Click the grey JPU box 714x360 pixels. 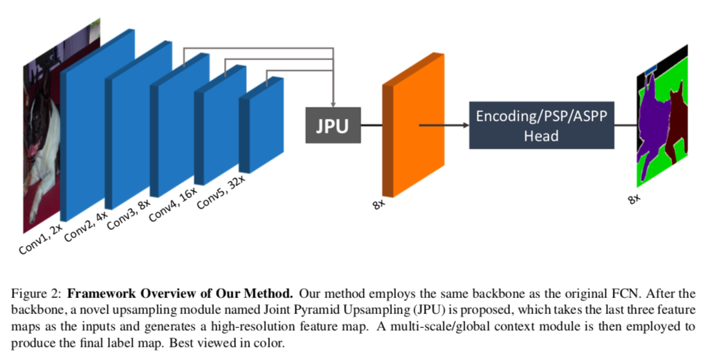coord(333,125)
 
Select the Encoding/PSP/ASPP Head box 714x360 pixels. coord(541,125)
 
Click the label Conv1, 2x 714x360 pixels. coord(41,239)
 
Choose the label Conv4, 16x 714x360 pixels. coord(173,204)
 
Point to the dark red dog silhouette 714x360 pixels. coord(677,123)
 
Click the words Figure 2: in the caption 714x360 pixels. coord(38,293)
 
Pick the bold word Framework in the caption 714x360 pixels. coord(98,293)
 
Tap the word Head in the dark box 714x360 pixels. coord(541,135)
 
